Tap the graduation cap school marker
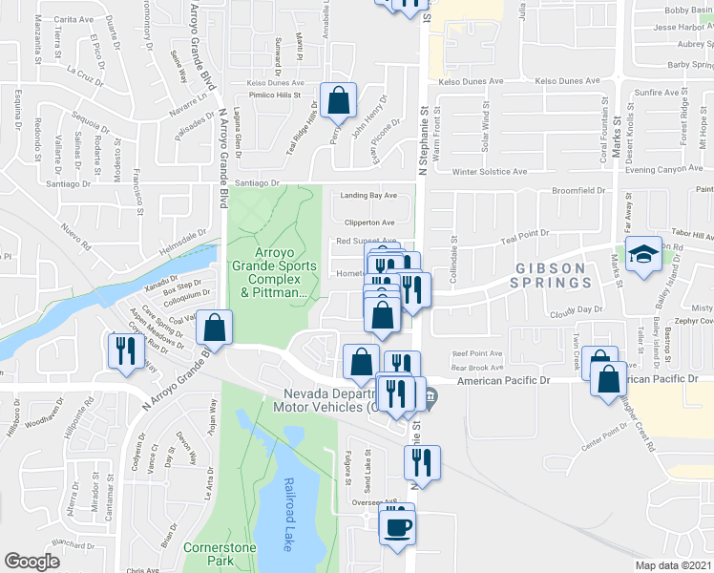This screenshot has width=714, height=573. tap(643, 254)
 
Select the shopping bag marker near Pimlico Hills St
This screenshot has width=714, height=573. tap(339, 98)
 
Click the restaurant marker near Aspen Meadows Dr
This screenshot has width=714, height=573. tap(126, 350)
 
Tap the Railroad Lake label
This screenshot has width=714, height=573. tap(288, 514)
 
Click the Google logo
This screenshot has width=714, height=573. tap(31, 562)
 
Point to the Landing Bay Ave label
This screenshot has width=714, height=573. tap(368, 197)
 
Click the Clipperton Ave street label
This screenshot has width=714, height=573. tap(368, 222)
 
